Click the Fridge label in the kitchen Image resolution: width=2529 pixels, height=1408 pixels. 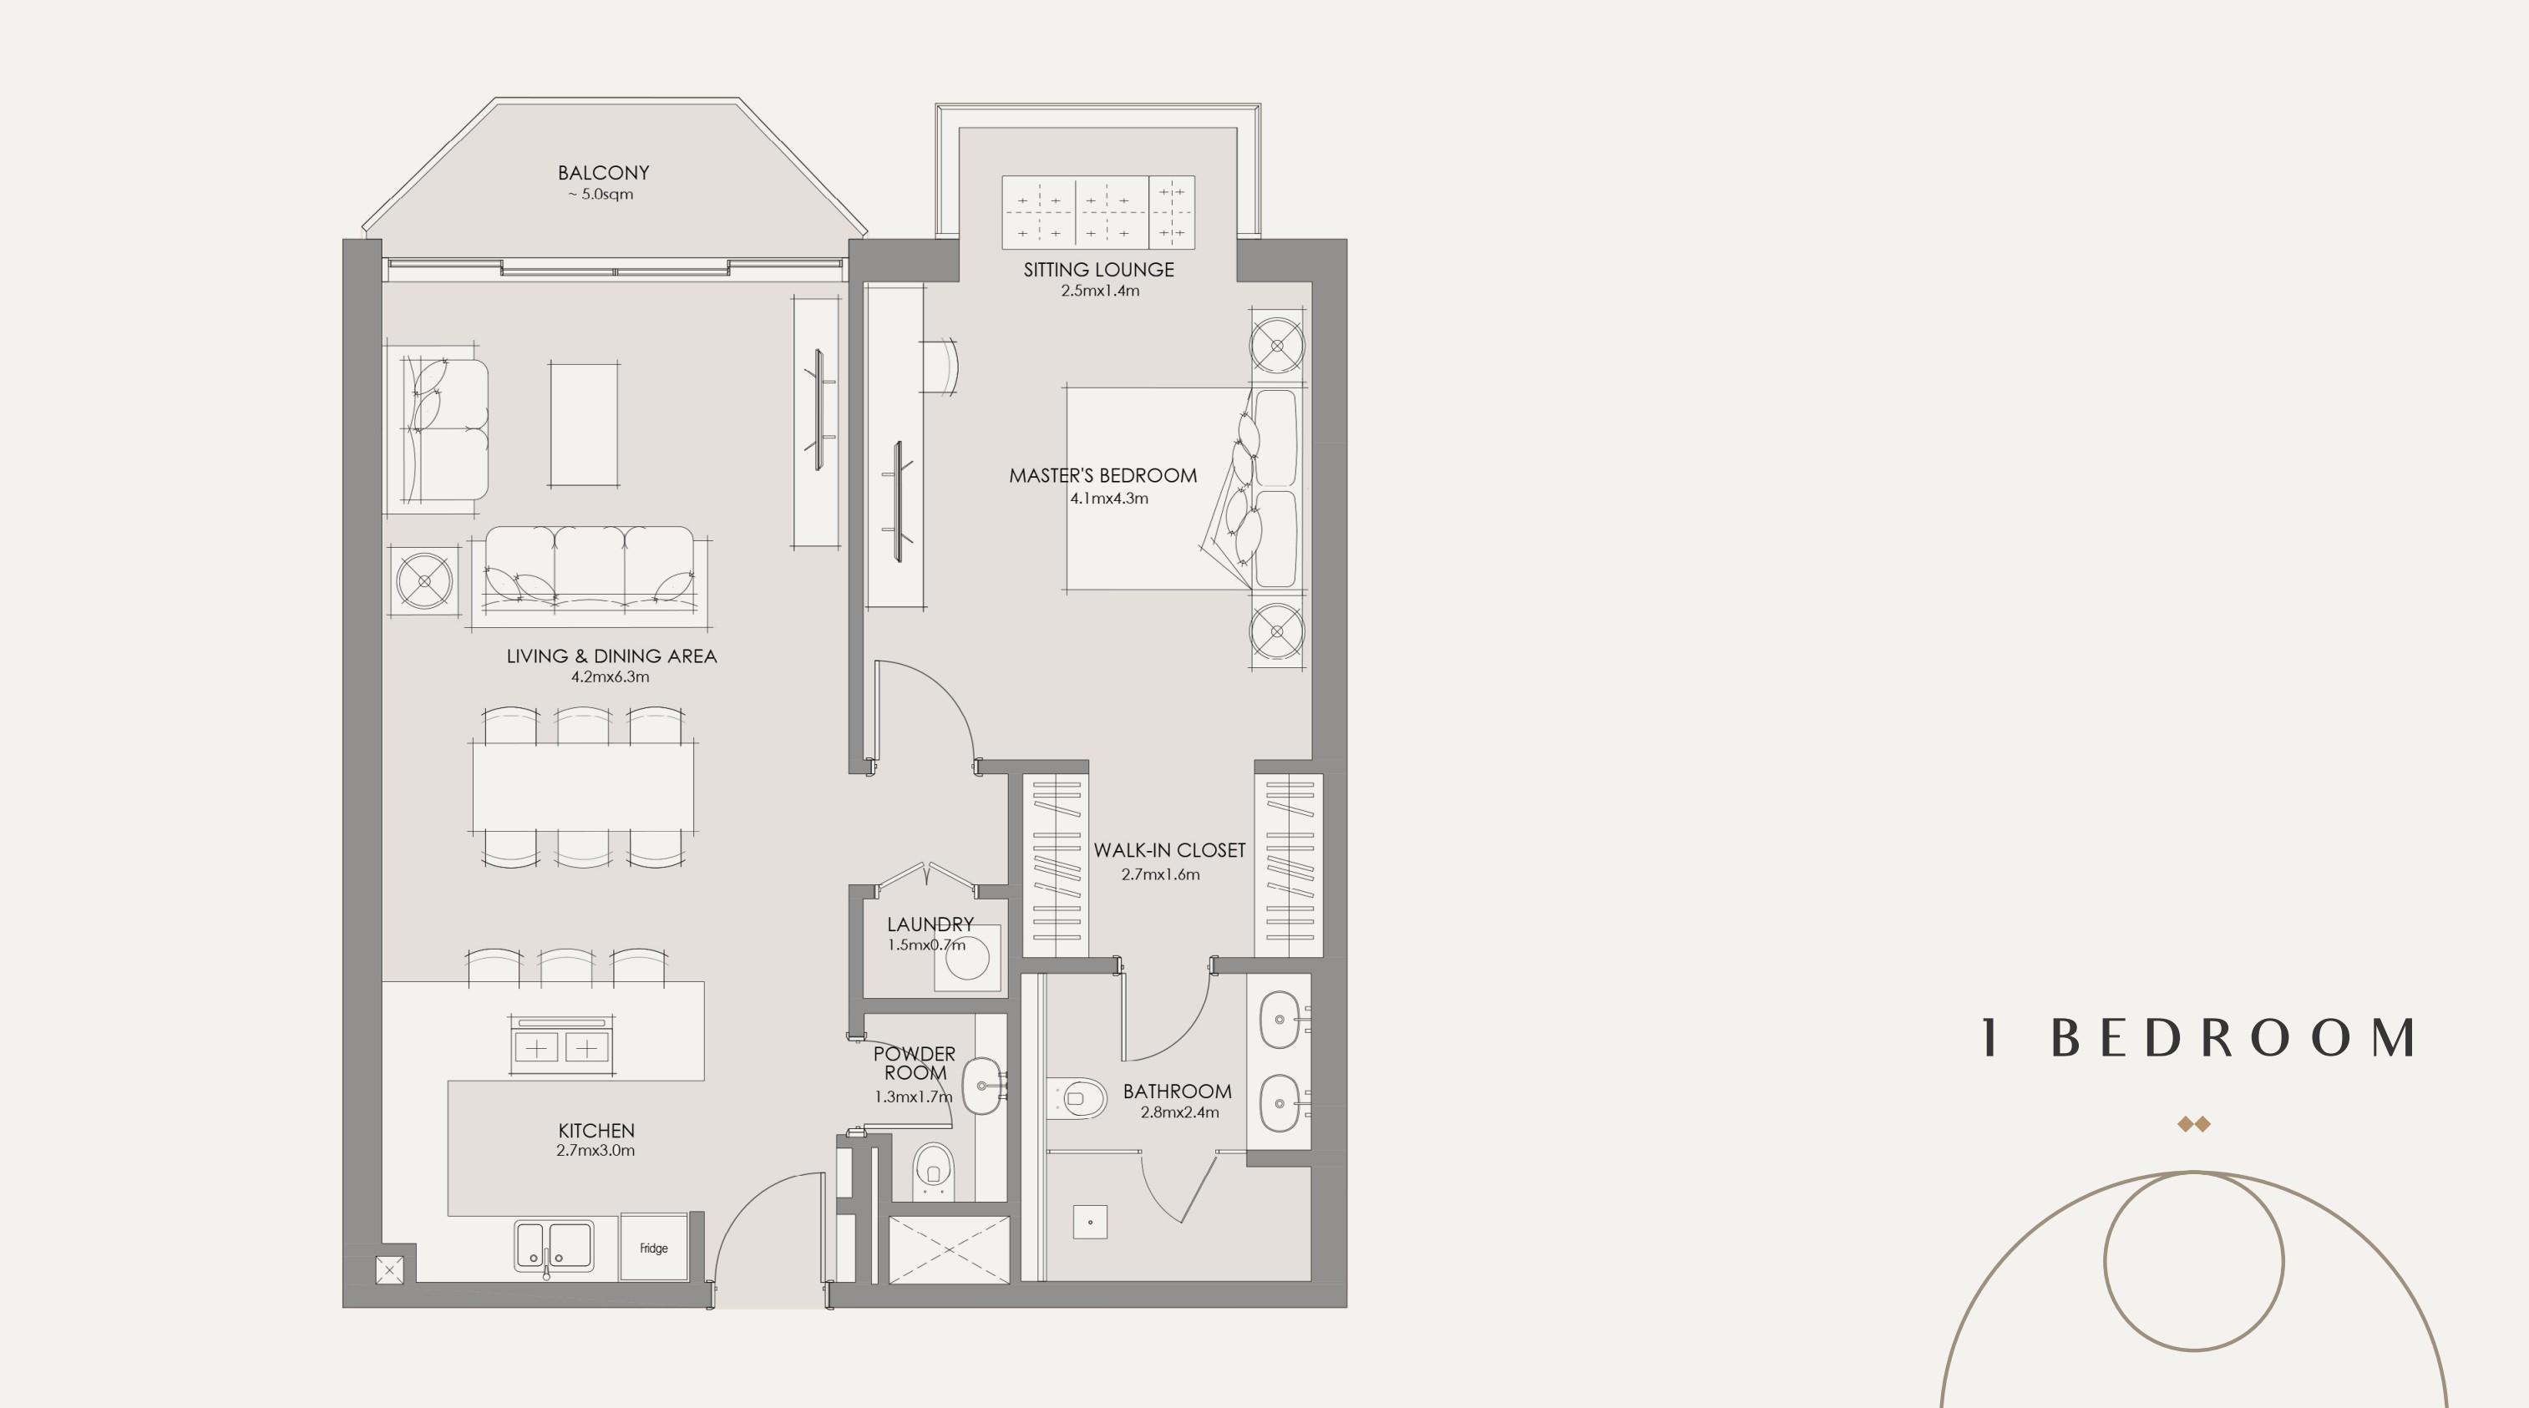pyautogui.click(x=654, y=1248)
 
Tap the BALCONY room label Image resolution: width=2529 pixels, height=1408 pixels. pyautogui.click(x=603, y=173)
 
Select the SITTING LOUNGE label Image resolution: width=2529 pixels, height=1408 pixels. pyautogui.click(x=1098, y=269)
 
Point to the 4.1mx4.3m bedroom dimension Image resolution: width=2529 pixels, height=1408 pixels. pyautogui.click(x=1108, y=498)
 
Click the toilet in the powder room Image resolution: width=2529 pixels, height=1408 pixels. pyautogui.click(x=933, y=1170)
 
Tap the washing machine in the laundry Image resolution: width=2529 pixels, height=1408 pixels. pyautogui.click(x=967, y=957)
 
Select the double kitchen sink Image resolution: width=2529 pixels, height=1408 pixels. pyautogui.click(x=555, y=1246)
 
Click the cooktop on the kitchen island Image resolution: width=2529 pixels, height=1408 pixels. pyautogui.click(x=560, y=1045)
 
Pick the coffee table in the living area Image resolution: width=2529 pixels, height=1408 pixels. pyautogui.click(x=584, y=423)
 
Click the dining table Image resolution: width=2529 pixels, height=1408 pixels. pyautogui.click(x=583, y=788)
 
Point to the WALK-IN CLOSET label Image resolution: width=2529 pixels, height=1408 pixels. pyautogui.click(x=1169, y=850)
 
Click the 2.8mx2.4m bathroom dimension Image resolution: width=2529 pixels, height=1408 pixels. pyautogui.click(x=1179, y=1112)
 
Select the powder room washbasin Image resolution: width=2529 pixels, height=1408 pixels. pyautogui.click(x=981, y=1086)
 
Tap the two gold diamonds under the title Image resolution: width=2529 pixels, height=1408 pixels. pyautogui.click(x=2193, y=1124)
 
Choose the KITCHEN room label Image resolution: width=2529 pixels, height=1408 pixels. pyautogui.click(x=596, y=1131)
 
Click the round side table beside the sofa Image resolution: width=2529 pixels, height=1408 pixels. pyautogui.click(x=425, y=581)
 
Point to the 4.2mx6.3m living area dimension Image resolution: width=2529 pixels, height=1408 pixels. pyautogui.click(x=610, y=676)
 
